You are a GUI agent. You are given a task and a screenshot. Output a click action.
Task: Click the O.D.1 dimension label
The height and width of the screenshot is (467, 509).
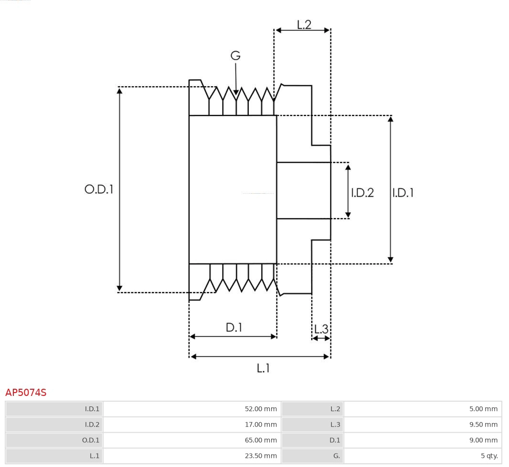[99, 189]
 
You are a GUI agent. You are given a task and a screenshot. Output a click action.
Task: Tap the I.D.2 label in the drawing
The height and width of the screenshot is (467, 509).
[362, 193]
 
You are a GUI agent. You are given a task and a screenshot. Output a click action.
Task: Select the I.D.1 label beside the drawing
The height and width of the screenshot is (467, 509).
[403, 193]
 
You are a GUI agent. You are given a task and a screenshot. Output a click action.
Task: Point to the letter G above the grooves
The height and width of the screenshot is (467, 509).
[235, 56]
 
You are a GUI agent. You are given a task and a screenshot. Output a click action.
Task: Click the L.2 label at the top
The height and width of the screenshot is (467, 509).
[304, 25]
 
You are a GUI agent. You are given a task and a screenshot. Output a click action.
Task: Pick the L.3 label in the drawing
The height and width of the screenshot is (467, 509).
[321, 329]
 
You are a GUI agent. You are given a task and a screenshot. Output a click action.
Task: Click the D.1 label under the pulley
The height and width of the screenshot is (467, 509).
[234, 328]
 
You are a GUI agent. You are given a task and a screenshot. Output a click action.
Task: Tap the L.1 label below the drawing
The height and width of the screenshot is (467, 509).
[263, 368]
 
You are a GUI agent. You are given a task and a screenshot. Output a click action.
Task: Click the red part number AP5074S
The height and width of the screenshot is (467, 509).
[26, 393]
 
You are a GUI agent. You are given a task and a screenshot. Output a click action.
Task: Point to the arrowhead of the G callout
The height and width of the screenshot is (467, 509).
[236, 92]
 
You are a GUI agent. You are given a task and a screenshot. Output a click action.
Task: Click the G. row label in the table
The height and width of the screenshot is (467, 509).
[336, 456]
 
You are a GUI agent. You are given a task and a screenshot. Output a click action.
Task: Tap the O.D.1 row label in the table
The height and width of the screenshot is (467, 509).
[92, 440]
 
